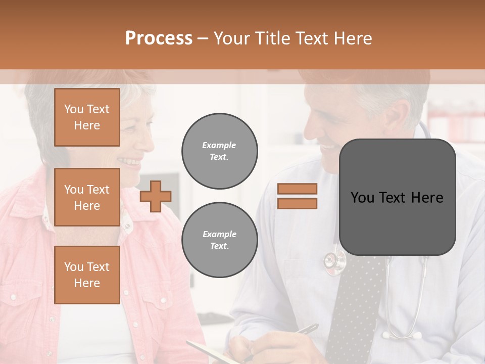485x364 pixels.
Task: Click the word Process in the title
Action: click(159, 38)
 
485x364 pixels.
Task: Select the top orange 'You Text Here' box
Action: click(87, 117)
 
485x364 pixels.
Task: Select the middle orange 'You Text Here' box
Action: click(87, 197)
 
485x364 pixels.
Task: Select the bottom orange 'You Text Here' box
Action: click(87, 275)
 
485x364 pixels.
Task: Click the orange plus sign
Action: click(156, 196)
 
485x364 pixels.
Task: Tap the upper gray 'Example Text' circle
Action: click(220, 151)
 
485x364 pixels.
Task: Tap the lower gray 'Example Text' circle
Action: click(220, 240)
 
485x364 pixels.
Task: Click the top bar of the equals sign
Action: click(297, 189)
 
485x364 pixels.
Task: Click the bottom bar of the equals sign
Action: click(297, 203)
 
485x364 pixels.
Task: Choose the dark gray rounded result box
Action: click(397, 197)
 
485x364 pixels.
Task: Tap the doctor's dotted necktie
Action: click(354, 303)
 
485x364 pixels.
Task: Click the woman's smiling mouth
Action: click(129, 162)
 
